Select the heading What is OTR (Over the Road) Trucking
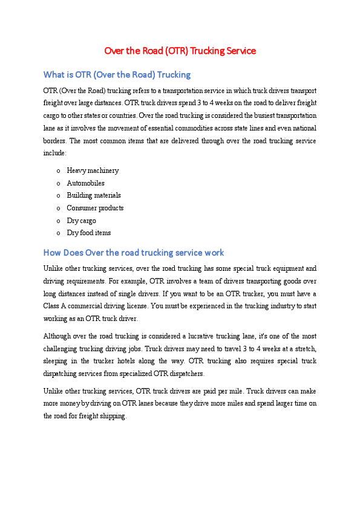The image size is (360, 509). coord(117,75)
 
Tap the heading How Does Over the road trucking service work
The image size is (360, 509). coord(134,253)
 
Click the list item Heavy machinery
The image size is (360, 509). coord(93,170)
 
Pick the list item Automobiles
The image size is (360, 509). coord(85,183)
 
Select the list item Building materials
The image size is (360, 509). coord(94,195)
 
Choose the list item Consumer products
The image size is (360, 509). coord(95,208)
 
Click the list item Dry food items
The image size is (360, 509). coord(88,233)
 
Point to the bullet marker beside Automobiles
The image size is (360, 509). coord(58,183)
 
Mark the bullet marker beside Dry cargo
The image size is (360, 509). coord(58,221)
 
